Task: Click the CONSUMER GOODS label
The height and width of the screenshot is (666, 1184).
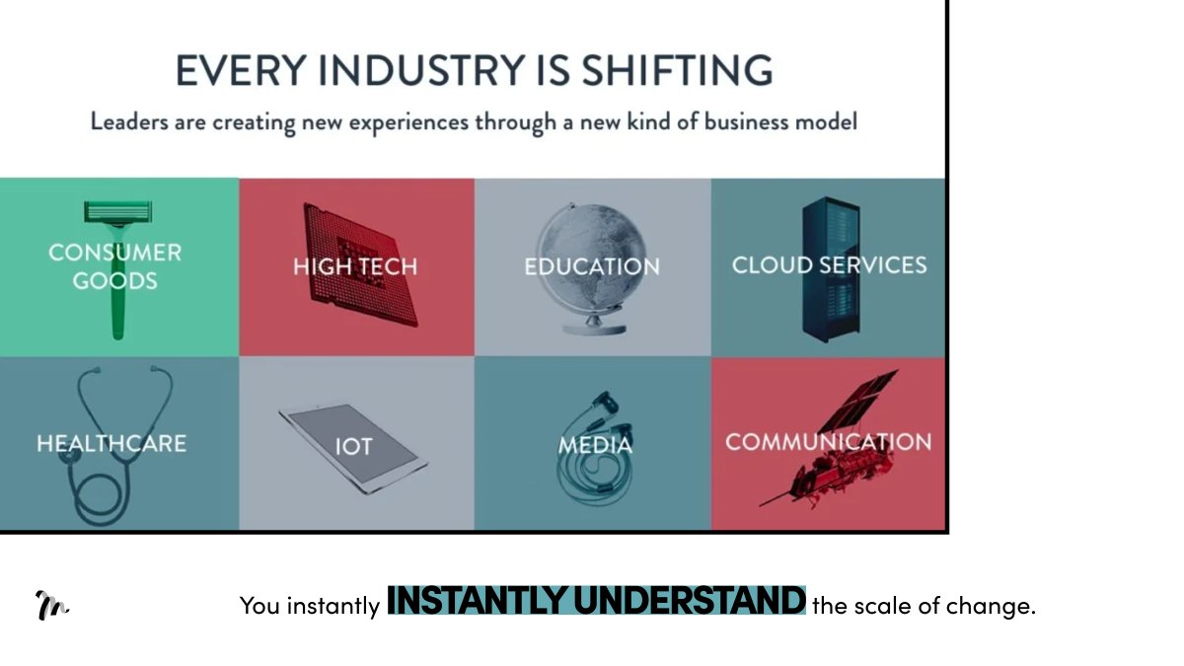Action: pyautogui.click(x=115, y=266)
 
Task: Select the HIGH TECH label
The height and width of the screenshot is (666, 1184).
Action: pyautogui.click(x=355, y=266)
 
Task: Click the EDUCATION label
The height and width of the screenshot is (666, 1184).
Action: pyautogui.click(x=592, y=266)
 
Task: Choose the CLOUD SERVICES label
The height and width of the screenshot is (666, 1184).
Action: pyautogui.click(x=829, y=264)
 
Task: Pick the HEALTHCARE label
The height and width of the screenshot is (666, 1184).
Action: pyautogui.click(x=111, y=443)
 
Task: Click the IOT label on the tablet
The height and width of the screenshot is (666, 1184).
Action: pyautogui.click(x=352, y=447)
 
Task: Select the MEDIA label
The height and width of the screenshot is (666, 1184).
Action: pyautogui.click(x=595, y=445)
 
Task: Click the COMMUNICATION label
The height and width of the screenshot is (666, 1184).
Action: pyautogui.click(x=828, y=441)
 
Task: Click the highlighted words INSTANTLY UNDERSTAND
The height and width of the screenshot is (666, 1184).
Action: pyautogui.click(x=596, y=601)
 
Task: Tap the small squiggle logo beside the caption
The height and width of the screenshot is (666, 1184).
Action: pyautogui.click(x=51, y=605)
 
